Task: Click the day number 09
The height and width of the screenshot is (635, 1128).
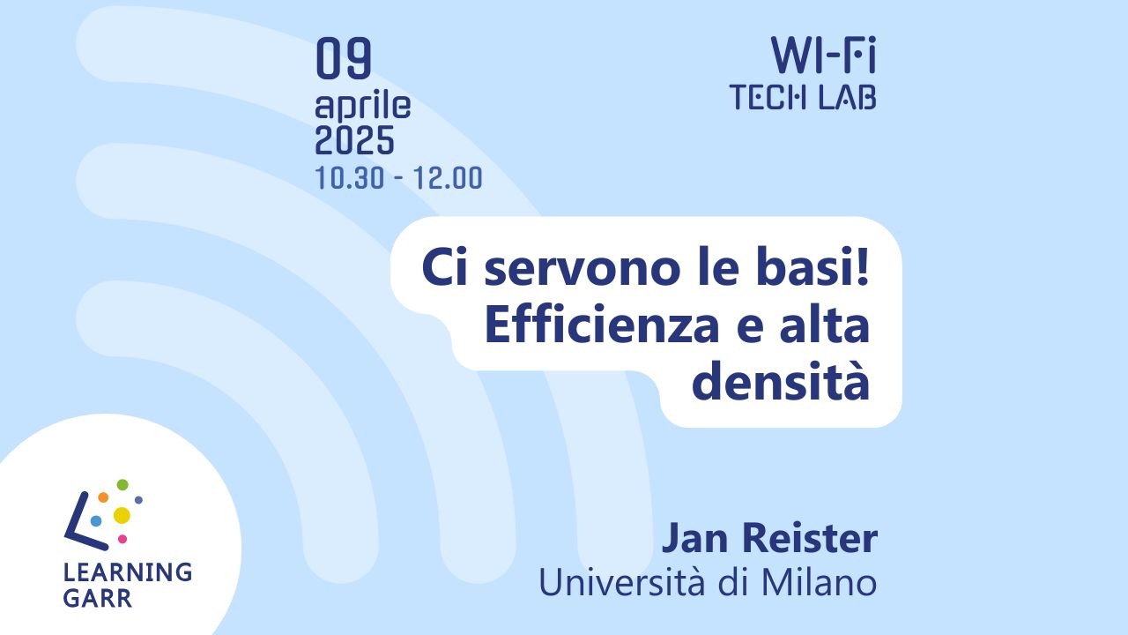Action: pyautogui.click(x=344, y=58)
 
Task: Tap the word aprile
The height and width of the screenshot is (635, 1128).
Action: pyautogui.click(x=362, y=106)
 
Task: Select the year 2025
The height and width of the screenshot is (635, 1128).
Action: pyautogui.click(x=354, y=140)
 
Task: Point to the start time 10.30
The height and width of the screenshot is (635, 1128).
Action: pyautogui.click(x=350, y=178)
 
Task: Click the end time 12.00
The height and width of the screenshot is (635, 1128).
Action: pyautogui.click(x=448, y=178)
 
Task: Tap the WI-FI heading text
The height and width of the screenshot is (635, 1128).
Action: pyautogui.click(x=823, y=55)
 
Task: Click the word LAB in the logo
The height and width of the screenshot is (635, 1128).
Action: pyautogui.click(x=848, y=97)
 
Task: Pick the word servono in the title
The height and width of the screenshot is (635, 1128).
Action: pyautogui.click(x=583, y=269)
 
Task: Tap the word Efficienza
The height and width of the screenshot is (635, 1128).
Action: pyautogui.click(x=602, y=325)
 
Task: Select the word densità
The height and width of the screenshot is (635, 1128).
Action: pyautogui.click(x=781, y=382)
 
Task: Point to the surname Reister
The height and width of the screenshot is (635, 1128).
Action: pyautogui.click(x=810, y=539)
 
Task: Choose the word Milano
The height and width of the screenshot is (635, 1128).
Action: pyautogui.click(x=820, y=583)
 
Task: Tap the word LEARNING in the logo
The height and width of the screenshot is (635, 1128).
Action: pyautogui.click(x=128, y=572)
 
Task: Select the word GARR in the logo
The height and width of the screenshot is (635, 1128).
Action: pyautogui.click(x=97, y=598)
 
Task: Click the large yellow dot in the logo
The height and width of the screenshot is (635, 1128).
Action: pyautogui.click(x=122, y=515)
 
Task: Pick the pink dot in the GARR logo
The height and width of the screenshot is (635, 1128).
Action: pyautogui.click(x=122, y=539)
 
